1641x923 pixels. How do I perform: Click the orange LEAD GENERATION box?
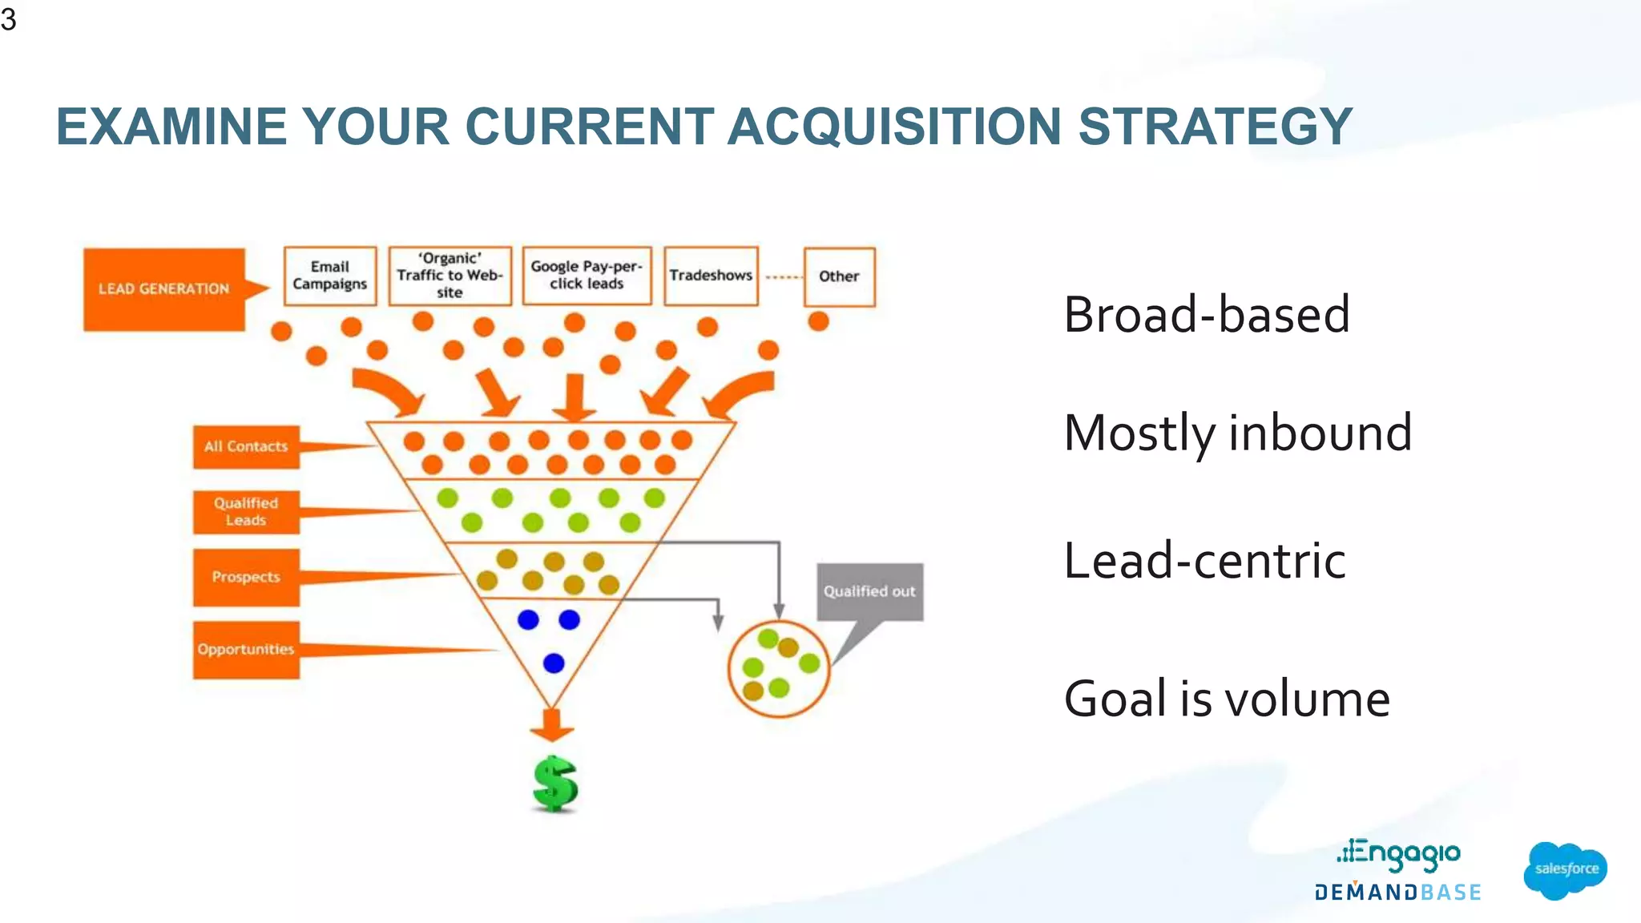point(164,289)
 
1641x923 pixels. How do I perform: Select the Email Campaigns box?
point(330,276)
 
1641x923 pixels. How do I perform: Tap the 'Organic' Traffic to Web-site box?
point(450,276)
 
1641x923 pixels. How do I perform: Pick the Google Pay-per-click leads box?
point(587,276)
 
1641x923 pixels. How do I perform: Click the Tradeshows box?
point(711,276)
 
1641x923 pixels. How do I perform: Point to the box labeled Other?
point(839,276)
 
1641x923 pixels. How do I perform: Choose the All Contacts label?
point(246,447)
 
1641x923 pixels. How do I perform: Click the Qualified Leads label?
point(246,512)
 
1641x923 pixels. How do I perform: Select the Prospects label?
point(246,577)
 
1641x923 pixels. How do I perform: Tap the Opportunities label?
point(246,650)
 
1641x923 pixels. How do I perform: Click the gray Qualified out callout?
point(869,592)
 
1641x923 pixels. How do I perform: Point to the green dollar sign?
point(554,784)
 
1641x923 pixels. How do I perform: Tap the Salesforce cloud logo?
point(1565,869)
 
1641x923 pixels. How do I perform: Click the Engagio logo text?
point(1399,855)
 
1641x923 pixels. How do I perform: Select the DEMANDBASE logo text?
point(1397,893)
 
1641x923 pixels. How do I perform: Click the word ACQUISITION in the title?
point(894,127)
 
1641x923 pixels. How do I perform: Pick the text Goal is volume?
point(1226,699)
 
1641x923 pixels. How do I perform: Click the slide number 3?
point(9,19)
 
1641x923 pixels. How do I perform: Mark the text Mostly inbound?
point(1237,433)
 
